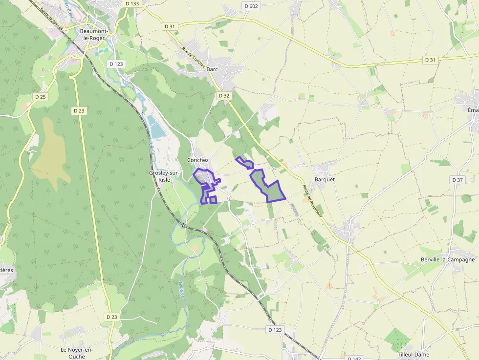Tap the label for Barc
(x=212, y=69)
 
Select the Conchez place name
(x=198, y=160)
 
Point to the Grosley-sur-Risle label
(x=164, y=176)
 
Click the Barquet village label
(x=325, y=179)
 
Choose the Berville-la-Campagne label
(x=448, y=260)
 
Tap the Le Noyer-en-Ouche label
(x=76, y=353)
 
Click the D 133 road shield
(x=132, y=3)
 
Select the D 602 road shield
(x=251, y=6)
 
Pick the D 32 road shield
(x=224, y=96)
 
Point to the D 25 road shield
(x=40, y=97)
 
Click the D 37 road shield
(x=457, y=180)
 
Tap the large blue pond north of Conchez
(x=156, y=128)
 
